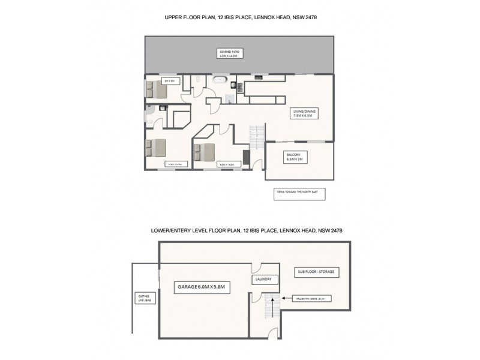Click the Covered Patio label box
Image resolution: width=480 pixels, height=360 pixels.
point(229,54)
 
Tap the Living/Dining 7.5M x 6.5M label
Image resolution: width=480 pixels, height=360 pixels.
point(301,113)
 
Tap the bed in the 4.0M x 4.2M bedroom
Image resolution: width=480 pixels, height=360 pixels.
point(205,152)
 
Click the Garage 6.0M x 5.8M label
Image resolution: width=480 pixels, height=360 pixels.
point(201,287)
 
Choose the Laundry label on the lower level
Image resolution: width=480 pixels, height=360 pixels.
point(263,280)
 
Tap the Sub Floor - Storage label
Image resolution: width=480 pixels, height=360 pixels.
point(318,272)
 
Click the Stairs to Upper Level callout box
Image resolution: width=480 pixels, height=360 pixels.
point(311,298)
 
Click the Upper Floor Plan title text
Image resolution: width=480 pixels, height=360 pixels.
point(241,17)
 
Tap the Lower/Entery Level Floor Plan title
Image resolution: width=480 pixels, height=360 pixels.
point(247,230)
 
